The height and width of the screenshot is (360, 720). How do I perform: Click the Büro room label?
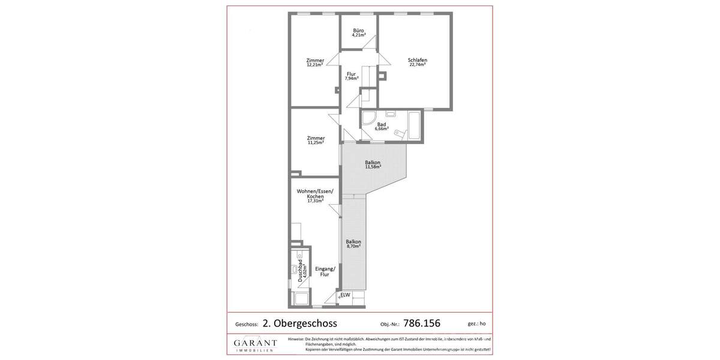tap(358, 32)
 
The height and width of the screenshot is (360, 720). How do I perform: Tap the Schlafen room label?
tap(417, 62)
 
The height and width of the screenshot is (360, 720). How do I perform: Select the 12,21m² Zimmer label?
tap(315, 62)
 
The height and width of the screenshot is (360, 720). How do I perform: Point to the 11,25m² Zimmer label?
tap(316, 140)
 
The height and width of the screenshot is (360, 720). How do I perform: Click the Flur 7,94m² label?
tap(352, 76)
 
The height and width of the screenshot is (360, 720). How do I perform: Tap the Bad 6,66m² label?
tap(382, 126)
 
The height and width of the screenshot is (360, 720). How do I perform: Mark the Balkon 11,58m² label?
tap(373, 164)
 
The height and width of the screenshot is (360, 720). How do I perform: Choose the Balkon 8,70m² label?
tap(353, 244)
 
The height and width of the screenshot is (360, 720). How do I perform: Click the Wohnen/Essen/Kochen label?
tap(315, 196)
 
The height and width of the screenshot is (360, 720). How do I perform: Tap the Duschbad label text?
tap(302, 273)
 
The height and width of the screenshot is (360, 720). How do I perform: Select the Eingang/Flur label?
tap(325, 271)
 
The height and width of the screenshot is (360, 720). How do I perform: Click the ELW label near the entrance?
tap(345, 295)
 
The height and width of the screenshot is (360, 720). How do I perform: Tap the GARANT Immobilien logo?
tap(256, 344)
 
